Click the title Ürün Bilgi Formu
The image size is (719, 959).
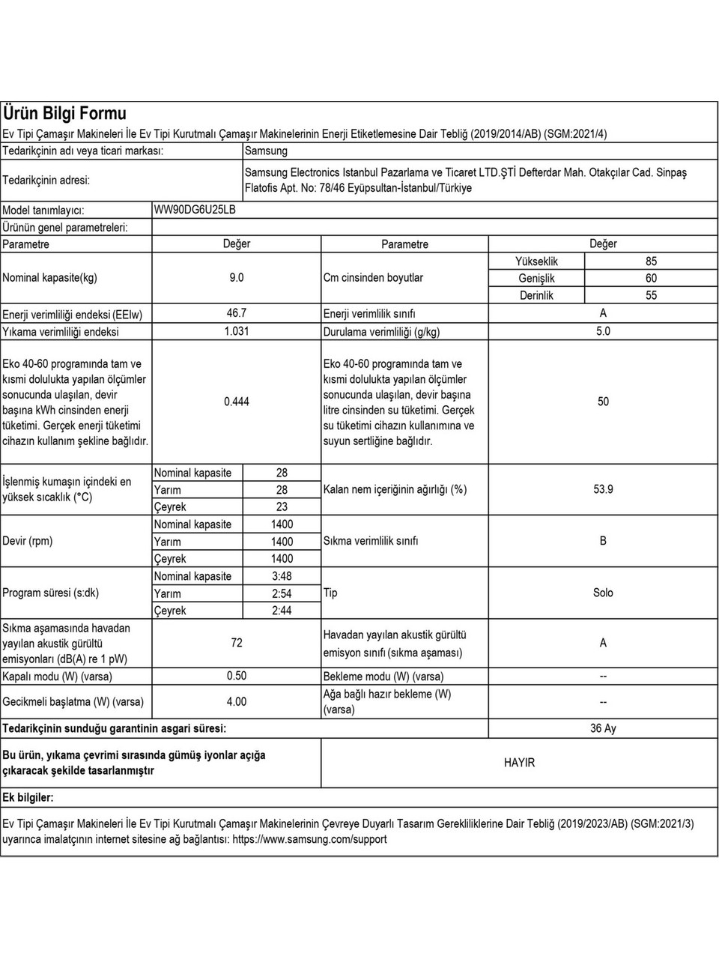coord(65,114)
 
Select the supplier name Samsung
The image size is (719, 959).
coord(266,151)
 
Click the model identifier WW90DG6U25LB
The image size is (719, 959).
coord(195,210)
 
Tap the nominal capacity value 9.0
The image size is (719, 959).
coord(236,278)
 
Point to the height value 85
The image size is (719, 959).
coord(651,261)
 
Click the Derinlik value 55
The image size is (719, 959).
coord(651,295)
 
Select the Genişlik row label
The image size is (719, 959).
coord(536,279)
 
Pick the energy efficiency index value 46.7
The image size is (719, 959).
coord(236,313)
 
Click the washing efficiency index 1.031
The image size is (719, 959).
coord(236,331)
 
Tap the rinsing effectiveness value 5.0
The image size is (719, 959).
coord(603,331)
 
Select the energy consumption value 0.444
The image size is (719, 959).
coord(236,402)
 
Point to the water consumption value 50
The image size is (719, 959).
coord(603,402)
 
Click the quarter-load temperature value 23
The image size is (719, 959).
coord(282,507)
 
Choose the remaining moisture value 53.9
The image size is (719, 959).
coord(603,489)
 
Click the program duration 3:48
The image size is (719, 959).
coord(282,576)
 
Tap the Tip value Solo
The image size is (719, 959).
coord(603,593)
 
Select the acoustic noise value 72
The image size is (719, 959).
coord(236,643)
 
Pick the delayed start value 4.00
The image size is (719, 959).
coord(236,702)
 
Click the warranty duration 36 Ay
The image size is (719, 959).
coord(603,728)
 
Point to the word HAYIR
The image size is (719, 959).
coord(519,763)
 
